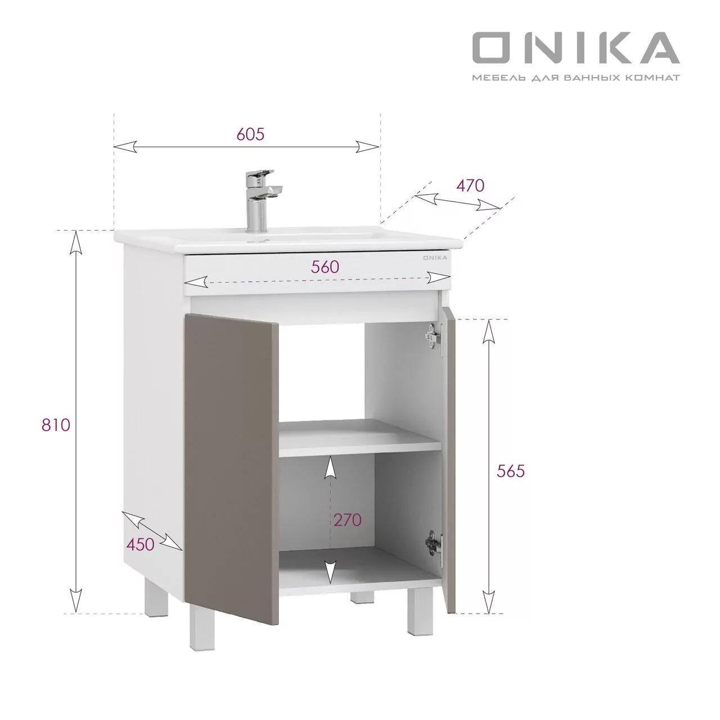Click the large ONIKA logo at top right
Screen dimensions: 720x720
coord(575,47)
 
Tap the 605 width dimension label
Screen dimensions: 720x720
coord(250,134)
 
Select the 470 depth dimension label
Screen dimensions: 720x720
coord(470,185)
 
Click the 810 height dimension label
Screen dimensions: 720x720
coord(56,425)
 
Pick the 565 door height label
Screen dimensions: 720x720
coord(510,471)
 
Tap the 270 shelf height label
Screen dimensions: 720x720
coord(347,520)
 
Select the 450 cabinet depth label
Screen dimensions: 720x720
coord(140,544)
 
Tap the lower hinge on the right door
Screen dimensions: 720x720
coord(433,542)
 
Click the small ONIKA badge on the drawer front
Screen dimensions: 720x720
coord(435,258)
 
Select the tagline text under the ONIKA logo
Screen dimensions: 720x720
coord(575,77)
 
